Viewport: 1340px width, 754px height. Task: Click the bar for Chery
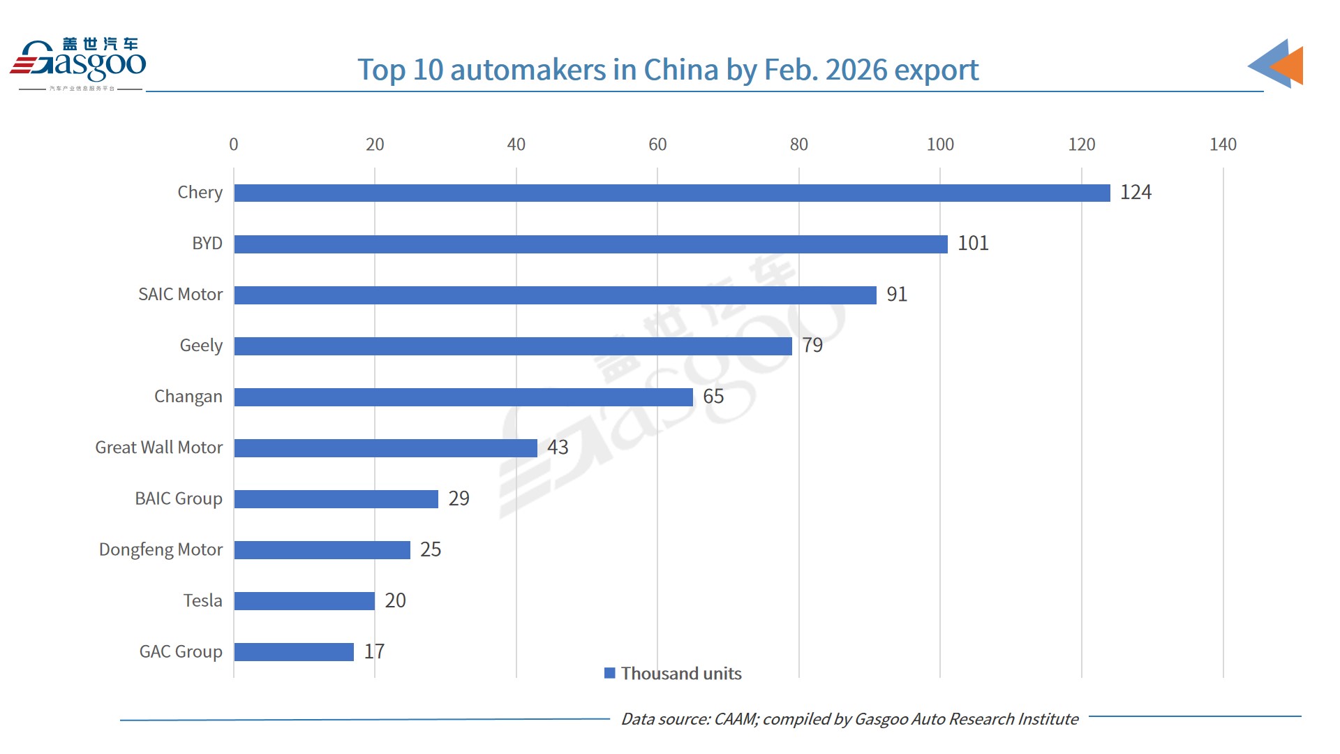pyautogui.click(x=671, y=193)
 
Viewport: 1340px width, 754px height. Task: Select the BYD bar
pyautogui.click(x=590, y=244)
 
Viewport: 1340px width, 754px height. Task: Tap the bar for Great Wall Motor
pyautogui.click(x=385, y=448)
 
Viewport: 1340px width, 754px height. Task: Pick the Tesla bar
pyautogui.click(x=304, y=600)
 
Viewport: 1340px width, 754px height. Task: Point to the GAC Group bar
pyautogui.click(x=294, y=651)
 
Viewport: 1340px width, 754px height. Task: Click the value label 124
pyautogui.click(x=1136, y=192)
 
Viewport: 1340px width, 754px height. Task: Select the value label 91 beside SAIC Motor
pyautogui.click(x=897, y=294)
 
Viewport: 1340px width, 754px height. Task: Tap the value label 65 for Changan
pyautogui.click(x=713, y=397)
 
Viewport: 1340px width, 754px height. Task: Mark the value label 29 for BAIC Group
pyautogui.click(x=459, y=498)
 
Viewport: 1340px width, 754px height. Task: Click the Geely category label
pyautogui.click(x=201, y=346)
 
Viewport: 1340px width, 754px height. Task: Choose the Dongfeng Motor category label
pyautogui.click(x=161, y=549)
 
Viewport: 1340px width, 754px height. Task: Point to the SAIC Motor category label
pyautogui.click(x=180, y=295)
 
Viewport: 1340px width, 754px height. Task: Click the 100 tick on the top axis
pyautogui.click(x=940, y=145)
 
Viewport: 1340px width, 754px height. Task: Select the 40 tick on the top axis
pyautogui.click(x=516, y=145)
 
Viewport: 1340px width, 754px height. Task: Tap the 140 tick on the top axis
pyautogui.click(x=1223, y=145)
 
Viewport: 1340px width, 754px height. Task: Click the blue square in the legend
pyautogui.click(x=609, y=673)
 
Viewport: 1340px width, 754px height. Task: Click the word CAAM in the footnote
pyautogui.click(x=735, y=719)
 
